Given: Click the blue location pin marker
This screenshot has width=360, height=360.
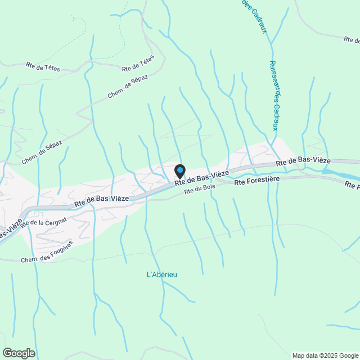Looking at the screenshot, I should click(x=180, y=170).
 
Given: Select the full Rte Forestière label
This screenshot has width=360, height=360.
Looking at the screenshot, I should click(x=256, y=182).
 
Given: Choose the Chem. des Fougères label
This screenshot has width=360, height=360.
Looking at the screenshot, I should click(x=47, y=252).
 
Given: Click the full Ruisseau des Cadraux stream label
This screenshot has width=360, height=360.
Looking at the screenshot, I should click(x=274, y=95).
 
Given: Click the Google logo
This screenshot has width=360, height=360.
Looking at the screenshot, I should click(x=19, y=353).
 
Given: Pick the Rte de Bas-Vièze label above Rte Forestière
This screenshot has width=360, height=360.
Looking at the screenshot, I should click(x=303, y=161).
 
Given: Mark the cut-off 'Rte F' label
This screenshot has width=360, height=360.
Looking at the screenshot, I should click(x=352, y=185).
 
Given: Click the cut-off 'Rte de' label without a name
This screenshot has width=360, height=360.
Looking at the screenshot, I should click(x=352, y=39).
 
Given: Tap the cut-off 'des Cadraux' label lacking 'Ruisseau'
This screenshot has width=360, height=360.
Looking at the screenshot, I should click(x=254, y=16).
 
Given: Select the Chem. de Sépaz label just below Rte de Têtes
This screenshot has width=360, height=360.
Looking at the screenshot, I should click(x=128, y=86).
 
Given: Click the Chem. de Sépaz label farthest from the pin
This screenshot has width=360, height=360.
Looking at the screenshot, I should click(x=42, y=152).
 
